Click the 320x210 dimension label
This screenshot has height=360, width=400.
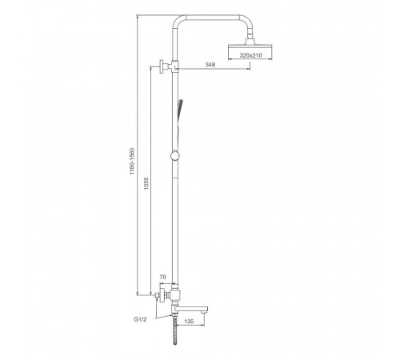[x=250, y=55]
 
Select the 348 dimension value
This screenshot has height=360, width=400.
[x=210, y=64]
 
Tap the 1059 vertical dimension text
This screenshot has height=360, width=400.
[x=146, y=183]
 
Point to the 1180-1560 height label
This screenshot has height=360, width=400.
[x=132, y=161]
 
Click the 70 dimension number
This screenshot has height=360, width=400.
[x=162, y=277]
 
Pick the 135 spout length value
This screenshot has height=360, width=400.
[x=189, y=322]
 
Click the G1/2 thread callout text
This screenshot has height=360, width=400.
[x=140, y=319]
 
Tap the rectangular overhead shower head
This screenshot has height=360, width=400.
[x=250, y=52]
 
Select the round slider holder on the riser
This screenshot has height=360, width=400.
[x=175, y=156]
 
